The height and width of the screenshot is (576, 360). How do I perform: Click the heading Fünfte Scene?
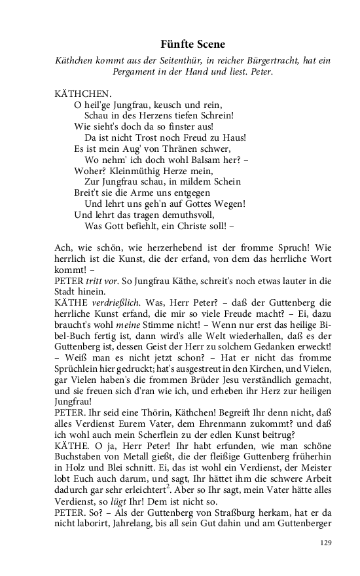(192, 45)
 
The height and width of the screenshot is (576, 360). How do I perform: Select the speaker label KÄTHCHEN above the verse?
(83, 94)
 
